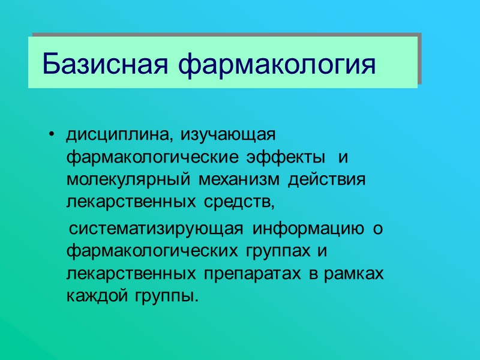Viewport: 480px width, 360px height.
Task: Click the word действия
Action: [328, 181]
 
